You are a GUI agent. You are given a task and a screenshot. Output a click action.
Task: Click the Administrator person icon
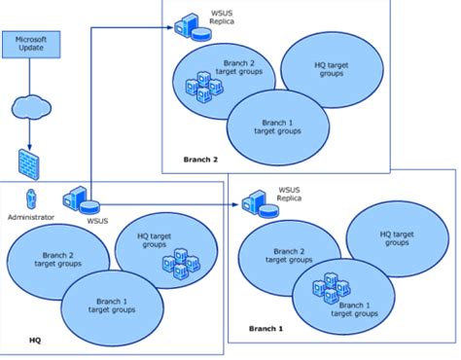[x=31, y=198]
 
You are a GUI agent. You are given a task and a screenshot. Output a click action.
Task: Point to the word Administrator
[x=30, y=219]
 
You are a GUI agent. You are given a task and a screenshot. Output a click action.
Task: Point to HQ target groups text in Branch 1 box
[x=399, y=238]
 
